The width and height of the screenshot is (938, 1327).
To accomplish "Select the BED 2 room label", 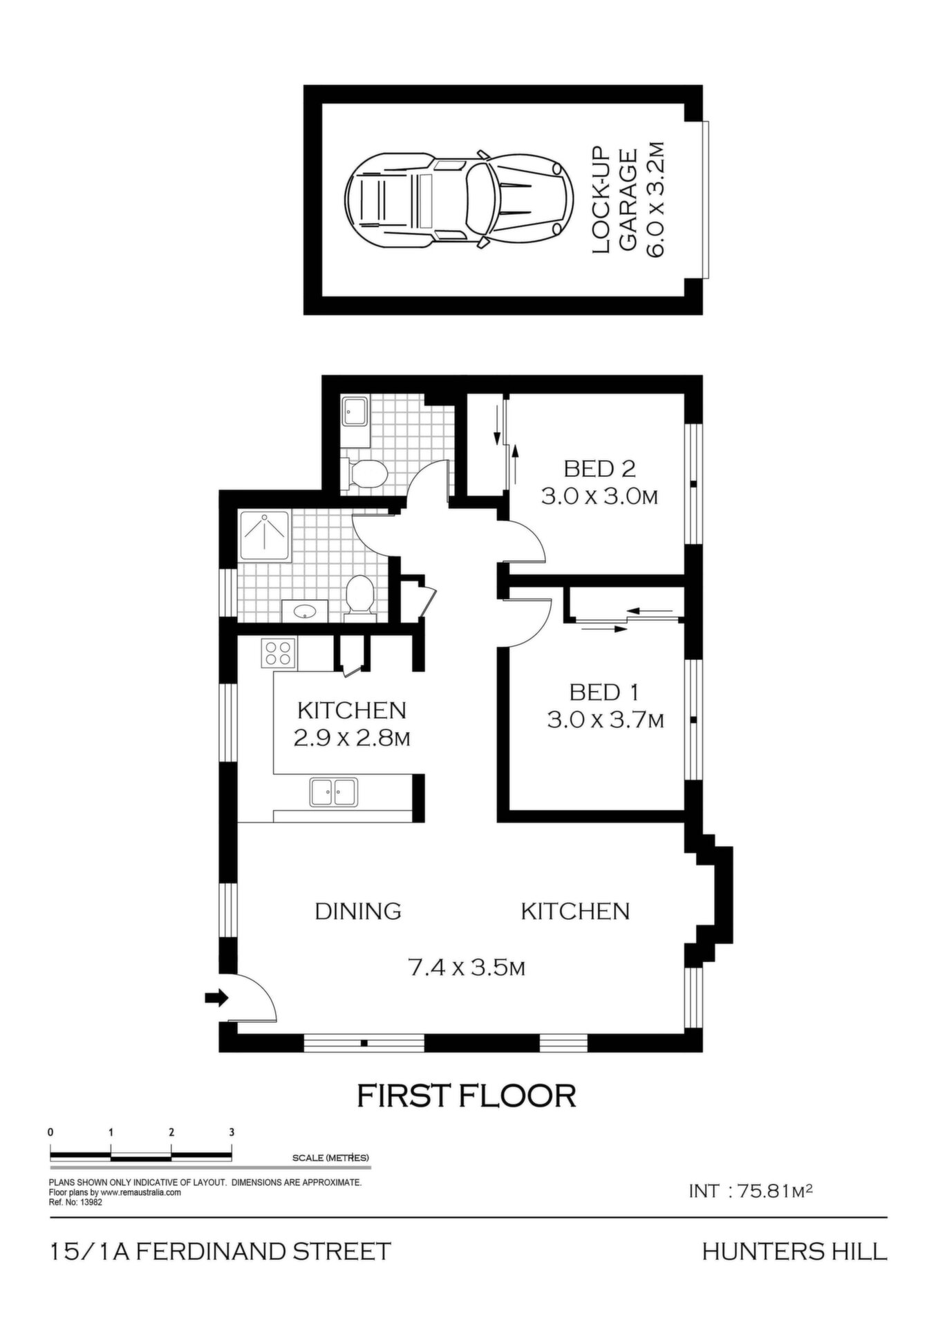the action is (x=599, y=469).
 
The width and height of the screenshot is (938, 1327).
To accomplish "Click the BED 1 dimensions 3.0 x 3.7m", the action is (x=606, y=720).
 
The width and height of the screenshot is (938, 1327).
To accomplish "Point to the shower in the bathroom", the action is (x=265, y=537).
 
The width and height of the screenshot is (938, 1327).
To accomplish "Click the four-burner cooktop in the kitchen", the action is (x=279, y=653).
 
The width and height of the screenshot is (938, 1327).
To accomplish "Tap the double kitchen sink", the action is (x=333, y=792).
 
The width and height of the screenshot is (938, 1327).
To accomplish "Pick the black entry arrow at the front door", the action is (x=217, y=997).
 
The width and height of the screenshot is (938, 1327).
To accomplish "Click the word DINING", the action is (x=358, y=911).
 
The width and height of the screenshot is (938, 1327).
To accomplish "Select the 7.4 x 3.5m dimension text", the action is (x=467, y=968).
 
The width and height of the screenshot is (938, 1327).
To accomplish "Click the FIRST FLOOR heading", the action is (x=467, y=1096).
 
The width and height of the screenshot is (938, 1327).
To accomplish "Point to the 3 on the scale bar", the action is (x=232, y=1132).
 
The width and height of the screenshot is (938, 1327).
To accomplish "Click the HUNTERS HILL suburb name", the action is (x=794, y=1252).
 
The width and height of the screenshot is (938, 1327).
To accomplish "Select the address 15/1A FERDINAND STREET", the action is (x=221, y=1252).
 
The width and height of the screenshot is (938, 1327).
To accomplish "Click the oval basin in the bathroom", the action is (x=305, y=611).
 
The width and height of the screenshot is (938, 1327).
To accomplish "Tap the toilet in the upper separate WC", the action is (x=365, y=474).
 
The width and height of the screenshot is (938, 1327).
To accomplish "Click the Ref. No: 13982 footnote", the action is (x=75, y=1202).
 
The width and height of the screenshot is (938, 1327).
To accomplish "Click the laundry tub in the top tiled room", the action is (x=355, y=413).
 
